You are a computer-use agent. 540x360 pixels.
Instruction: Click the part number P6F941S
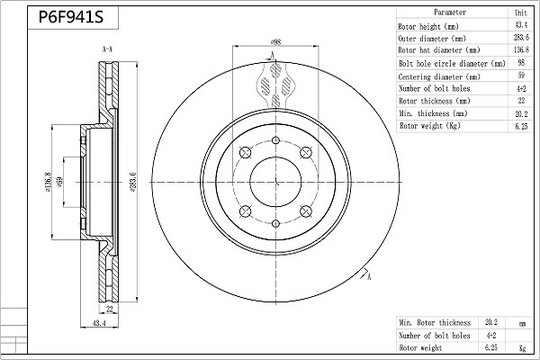click(71, 17)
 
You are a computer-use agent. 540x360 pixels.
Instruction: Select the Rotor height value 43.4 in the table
click(521, 25)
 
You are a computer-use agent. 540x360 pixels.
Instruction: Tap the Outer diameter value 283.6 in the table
click(521, 37)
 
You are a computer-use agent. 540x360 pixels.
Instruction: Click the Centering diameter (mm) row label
click(439, 76)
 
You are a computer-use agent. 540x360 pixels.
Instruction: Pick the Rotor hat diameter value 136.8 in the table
click(521, 49)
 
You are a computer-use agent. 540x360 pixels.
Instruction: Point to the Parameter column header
click(450, 13)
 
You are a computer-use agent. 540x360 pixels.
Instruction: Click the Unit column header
click(521, 13)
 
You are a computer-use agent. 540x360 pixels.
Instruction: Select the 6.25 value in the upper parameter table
click(521, 126)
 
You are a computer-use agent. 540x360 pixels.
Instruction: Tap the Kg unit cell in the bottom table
click(522, 348)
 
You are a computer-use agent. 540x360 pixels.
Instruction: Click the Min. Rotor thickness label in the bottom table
click(435, 322)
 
